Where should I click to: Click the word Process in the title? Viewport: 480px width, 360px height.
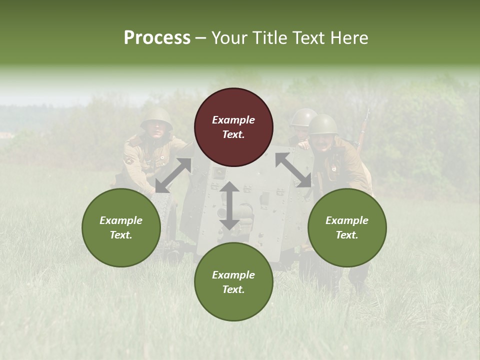(157, 38)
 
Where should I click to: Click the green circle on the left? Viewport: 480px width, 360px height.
(121, 227)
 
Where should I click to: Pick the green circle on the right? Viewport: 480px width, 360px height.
(347, 227)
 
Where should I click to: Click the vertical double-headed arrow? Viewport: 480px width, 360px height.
(229, 205)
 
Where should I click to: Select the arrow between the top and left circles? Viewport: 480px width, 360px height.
(173, 175)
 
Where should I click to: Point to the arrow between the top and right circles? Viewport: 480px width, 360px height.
(293, 170)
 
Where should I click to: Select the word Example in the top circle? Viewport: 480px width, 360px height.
(233, 120)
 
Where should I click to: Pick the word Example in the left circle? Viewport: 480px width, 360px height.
(121, 220)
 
